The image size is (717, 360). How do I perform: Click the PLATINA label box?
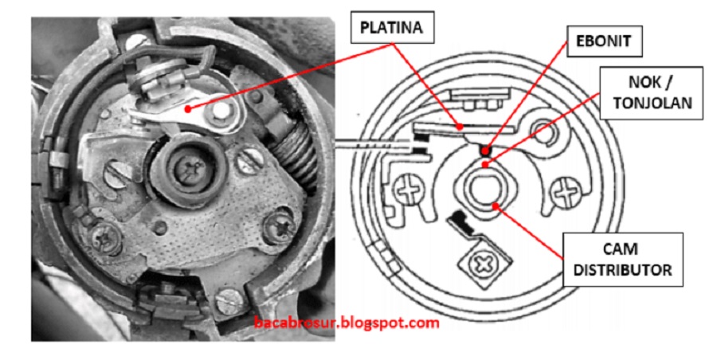pyautogui.click(x=392, y=28)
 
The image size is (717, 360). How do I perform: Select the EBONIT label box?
pyautogui.click(x=604, y=41)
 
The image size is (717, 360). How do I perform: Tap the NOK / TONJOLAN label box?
pyautogui.click(x=651, y=93)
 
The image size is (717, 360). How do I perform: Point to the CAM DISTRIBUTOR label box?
pyautogui.click(x=623, y=260)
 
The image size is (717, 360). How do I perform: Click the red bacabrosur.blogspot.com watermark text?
pyautogui.click(x=347, y=323)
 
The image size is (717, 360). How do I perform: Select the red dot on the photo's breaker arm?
pyautogui.click(x=187, y=109)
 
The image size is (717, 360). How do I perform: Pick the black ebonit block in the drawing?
pyautogui.click(x=484, y=149)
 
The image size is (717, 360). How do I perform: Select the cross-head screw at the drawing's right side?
pyautogui.click(x=566, y=190)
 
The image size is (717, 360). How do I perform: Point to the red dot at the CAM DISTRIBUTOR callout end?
pyautogui.click(x=496, y=205)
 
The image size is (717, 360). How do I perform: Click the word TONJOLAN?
pyautogui.click(x=652, y=104)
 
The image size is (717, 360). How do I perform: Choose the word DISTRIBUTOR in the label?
pyautogui.click(x=623, y=269)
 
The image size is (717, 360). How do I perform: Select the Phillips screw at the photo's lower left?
pyautogui.click(x=104, y=237)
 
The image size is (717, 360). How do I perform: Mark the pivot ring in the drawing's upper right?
pyautogui.click(x=545, y=131)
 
